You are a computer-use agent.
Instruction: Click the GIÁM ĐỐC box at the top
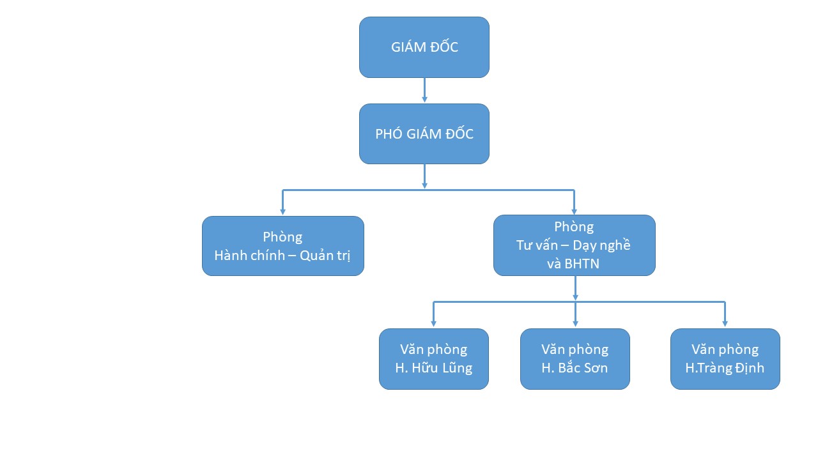pos(424,47)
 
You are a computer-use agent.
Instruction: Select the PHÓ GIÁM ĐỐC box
pos(424,134)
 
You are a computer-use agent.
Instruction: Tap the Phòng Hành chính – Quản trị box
pos(283,246)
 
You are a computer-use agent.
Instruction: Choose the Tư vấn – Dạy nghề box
pos(574,245)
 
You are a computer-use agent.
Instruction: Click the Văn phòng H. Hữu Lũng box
pos(434,358)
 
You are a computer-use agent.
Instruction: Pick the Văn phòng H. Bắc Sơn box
pos(575,358)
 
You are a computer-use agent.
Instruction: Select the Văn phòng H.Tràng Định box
pos(725,358)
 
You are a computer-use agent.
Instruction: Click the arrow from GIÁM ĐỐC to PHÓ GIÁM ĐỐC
pos(424,91)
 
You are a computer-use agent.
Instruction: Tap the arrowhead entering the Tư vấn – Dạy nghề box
pos(574,210)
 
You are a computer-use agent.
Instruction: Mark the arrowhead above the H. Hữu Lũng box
pos(434,323)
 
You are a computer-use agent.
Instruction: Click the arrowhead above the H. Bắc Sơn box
pos(575,323)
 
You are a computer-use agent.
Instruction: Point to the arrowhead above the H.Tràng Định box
pos(725,323)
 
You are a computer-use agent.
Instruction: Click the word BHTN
pos(582,263)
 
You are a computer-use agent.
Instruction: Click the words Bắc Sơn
pos(583,368)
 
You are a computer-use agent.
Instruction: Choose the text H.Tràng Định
pos(725,368)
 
